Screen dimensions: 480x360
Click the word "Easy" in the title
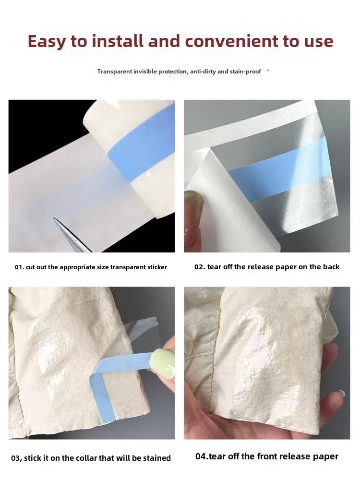46,41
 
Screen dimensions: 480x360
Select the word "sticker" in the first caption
156,267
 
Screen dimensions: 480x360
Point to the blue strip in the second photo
283,168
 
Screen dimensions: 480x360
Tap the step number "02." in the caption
200,267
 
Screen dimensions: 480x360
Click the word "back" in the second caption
331,267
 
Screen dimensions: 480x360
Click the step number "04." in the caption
202,456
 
